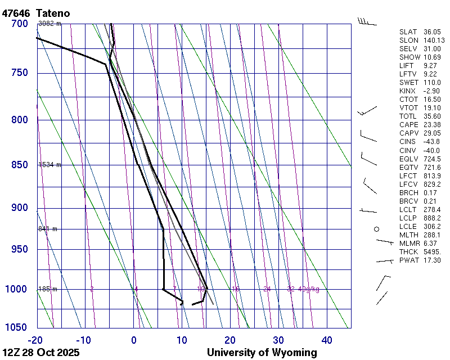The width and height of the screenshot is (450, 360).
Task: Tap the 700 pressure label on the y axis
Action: (19, 24)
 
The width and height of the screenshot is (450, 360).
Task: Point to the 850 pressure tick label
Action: (19, 165)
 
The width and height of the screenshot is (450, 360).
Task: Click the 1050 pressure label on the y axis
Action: (17, 327)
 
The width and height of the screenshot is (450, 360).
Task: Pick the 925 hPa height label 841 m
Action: (48, 229)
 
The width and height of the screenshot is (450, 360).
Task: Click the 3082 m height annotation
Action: (49, 24)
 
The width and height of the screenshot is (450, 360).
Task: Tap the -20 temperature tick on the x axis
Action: (35, 340)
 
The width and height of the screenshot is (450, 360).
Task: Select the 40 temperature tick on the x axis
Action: (327, 340)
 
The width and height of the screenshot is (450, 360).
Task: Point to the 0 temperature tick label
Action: (134, 340)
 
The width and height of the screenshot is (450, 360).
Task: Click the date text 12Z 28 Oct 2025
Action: (41, 353)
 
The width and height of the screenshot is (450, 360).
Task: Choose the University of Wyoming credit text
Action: (262, 353)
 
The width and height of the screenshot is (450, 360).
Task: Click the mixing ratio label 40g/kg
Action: (308, 289)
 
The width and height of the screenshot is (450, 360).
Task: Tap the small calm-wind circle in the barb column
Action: (377, 229)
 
